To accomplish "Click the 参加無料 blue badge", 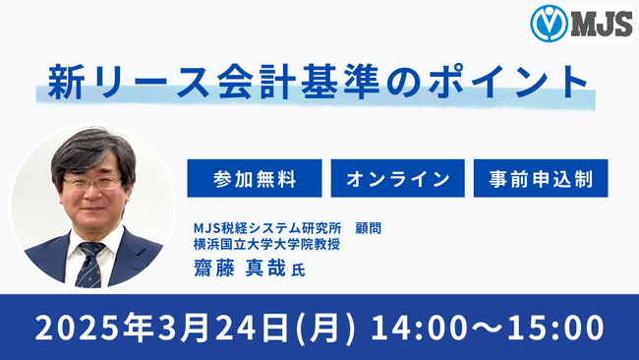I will (x=254, y=180).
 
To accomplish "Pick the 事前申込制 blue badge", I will (x=540, y=180).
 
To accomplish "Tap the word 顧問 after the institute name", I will (x=368, y=227).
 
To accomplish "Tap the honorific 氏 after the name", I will (x=299, y=270).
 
